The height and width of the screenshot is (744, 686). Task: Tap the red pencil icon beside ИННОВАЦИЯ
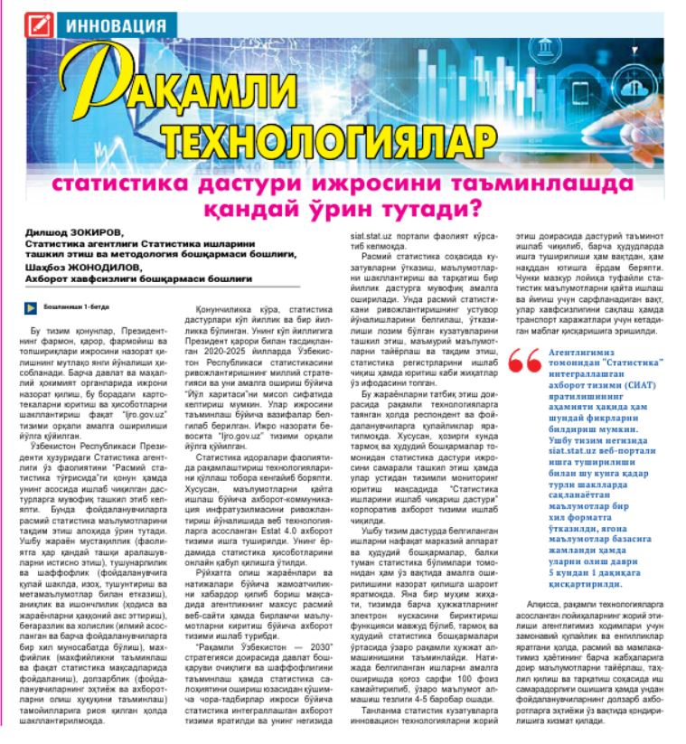pos(42,20)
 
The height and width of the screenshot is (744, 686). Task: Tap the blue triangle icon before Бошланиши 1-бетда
pos(30,307)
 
